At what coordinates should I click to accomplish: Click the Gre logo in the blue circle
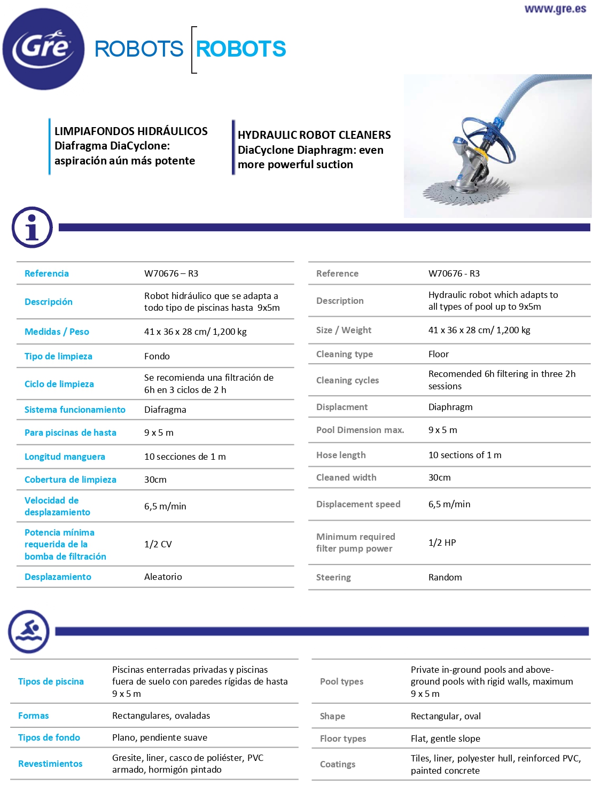43,49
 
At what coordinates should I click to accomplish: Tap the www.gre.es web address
555,9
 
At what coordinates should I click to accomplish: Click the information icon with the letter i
32,227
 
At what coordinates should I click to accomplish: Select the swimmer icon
29,632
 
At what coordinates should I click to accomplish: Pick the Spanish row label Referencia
46,273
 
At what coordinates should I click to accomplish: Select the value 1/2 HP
442,543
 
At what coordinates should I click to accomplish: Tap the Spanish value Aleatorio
163,577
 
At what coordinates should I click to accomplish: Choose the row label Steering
333,577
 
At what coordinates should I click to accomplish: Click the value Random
445,577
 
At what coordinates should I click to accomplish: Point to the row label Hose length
341,455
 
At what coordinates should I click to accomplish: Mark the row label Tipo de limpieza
58,356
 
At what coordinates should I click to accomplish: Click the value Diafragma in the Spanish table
165,410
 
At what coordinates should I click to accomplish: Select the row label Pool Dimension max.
360,430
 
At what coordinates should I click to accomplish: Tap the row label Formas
33,716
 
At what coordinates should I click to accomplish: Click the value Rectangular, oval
446,716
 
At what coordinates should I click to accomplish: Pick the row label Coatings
338,764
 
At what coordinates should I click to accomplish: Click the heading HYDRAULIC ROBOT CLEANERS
314,135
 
